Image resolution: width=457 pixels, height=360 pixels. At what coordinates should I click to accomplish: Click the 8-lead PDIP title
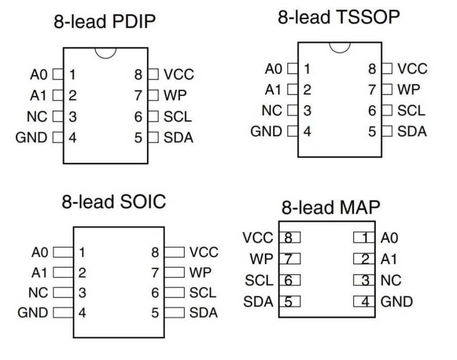pyautogui.click(x=104, y=22)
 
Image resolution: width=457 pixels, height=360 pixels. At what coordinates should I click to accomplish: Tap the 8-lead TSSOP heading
pyautogui.click(x=338, y=17)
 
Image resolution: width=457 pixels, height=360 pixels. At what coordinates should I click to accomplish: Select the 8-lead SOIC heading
pyautogui.click(x=114, y=202)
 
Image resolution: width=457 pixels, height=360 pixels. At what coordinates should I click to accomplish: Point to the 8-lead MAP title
pyautogui.click(x=331, y=208)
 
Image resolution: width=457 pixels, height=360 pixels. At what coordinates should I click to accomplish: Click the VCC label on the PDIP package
pyautogui.click(x=179, y=75)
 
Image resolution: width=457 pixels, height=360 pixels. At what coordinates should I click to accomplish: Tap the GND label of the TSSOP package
pyautogui.click(x=266, y=132)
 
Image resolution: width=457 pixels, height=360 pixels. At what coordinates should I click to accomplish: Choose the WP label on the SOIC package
pyautogui.click(x=200, y=272)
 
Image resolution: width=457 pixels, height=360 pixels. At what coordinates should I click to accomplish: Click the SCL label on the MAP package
pyautogui.click(x=259, y=280)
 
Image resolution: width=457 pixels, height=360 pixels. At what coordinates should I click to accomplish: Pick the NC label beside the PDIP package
pyautogui.click(x=37, y=117)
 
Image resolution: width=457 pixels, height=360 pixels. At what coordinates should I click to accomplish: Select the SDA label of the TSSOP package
pyautogui.click(x=412, y=132)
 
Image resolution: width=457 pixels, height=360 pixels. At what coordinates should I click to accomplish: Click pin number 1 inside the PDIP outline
pyautogui.click(x=73, y=75)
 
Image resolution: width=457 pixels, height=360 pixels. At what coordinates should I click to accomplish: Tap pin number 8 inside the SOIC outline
pyautogui.click(x=155, y=252)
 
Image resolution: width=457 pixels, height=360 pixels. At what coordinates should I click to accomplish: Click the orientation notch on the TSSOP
pyautogui.click(x=340, y=47)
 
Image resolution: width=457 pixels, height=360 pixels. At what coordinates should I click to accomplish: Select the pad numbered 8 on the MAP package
pyautogui.click(x=288, y=237)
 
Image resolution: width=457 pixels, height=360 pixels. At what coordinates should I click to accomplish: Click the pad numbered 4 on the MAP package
pyautogui.click(x=364, y=302)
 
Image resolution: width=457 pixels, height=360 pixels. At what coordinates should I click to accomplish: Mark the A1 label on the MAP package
pyautogui.click(x=389, y=259)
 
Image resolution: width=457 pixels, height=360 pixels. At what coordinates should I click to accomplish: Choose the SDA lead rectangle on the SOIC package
pyautogui.click(x=175, y=313)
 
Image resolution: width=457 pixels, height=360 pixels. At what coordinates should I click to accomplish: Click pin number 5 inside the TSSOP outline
pyautogui.click(x=372, y=132)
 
